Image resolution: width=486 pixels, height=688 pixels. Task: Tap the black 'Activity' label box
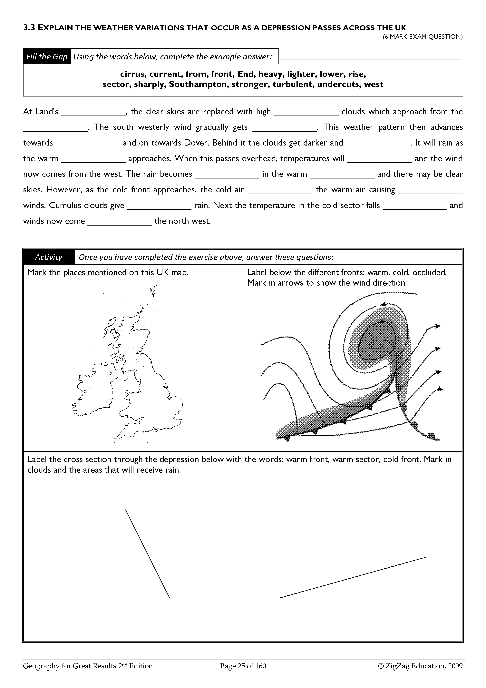49,257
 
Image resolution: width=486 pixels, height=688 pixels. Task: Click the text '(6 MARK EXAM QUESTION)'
423,37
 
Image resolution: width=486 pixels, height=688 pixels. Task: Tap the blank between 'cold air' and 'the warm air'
280,190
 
